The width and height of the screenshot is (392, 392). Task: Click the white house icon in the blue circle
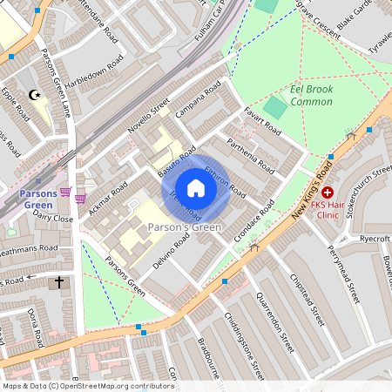click(196, 187)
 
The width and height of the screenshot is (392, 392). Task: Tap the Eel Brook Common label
click(301, 96)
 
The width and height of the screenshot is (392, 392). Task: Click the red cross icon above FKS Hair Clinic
click(328, 192)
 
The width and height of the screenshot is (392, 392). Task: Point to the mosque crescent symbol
click(35, 94)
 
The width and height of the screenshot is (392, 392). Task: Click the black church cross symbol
click(59, 281)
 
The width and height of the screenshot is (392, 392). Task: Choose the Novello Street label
click(147, 121)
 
